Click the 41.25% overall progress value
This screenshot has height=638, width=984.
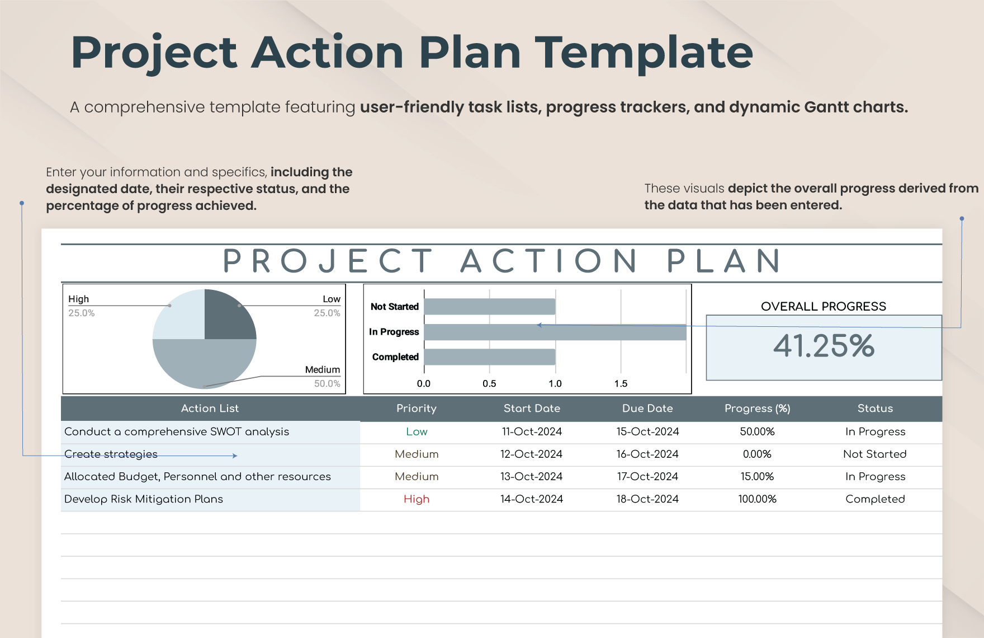point(824,345)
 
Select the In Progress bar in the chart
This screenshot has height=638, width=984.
point(555,332)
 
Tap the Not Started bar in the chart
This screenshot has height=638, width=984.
point(490,307)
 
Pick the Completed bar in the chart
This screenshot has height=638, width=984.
point(490,357)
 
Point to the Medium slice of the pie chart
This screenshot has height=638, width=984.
point(205,364)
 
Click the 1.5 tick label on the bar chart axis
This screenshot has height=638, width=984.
point(621,383)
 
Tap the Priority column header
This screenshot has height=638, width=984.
point(417,409)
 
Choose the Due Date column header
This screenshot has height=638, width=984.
point(647,409)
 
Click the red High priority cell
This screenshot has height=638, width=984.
point(417,499)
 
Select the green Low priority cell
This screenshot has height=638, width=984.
point(417,432)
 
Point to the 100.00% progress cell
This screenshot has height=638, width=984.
point(757,499)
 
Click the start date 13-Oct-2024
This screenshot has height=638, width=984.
point(532,477)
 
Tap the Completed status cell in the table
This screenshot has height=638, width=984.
point(875,499)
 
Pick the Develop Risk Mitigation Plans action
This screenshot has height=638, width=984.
point(144,499)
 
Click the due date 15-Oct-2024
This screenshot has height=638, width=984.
point(647,432)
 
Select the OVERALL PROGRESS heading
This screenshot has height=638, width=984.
point(824,307)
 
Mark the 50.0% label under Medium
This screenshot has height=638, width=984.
point(327,384)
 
